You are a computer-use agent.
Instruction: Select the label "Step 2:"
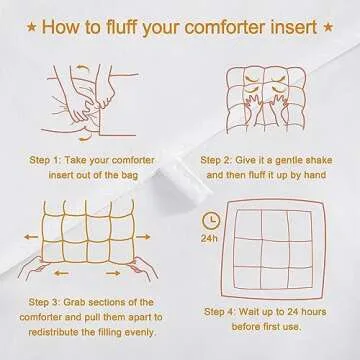(x=225, y=159)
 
